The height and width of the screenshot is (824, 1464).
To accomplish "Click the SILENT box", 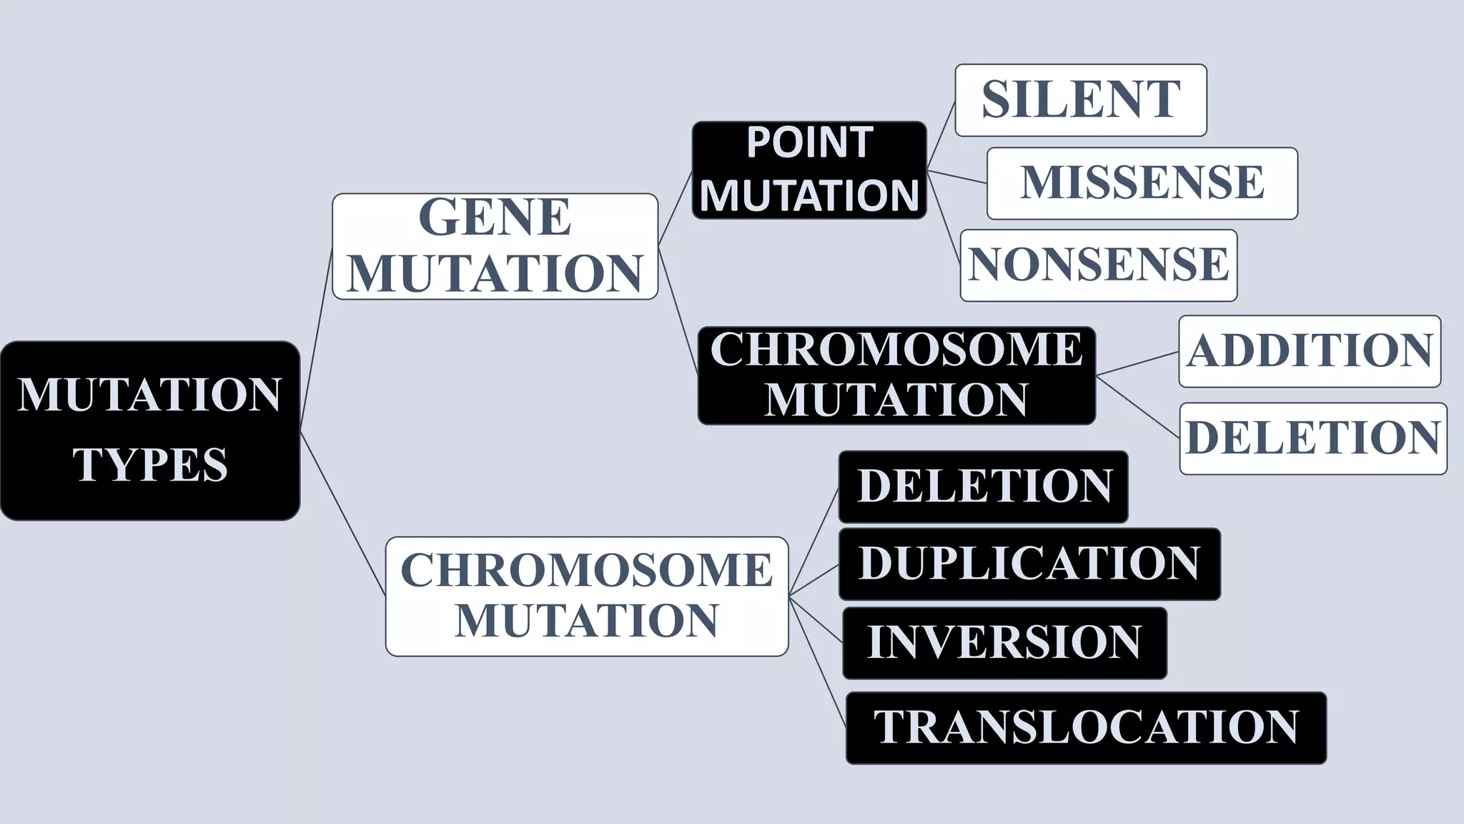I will click(x=1080, y=100).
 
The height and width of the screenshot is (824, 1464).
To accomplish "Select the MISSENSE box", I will click(x=1142, y=183).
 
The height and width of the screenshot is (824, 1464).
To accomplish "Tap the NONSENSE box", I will click(x=1098, y=265).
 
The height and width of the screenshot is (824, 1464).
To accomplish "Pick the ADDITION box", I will click(x=1309, y=351).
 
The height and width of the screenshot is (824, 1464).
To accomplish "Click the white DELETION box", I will click(x=1312, y=438).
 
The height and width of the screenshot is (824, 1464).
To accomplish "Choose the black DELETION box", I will click(x=983, y=486).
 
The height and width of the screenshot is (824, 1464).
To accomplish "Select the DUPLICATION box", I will click(x=1029, y=564).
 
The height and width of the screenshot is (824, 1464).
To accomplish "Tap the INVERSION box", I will click(x=1004, y=642).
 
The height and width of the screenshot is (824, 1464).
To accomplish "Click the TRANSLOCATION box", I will click(x=1085, y=727).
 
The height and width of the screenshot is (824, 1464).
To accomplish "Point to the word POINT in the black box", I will click(x=809, y=143).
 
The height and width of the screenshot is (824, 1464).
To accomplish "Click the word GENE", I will click(x=495, y=217).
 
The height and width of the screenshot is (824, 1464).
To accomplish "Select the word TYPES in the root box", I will click(x=150, y=465).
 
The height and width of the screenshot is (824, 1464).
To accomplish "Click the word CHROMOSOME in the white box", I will click(x=586, y=571).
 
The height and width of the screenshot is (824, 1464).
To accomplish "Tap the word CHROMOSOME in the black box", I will click(x=896, y=350).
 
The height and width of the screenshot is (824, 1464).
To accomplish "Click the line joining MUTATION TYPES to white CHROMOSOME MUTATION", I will click(x=342, y=513).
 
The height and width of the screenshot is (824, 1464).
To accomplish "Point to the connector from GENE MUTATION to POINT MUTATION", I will click(x=675, y=208).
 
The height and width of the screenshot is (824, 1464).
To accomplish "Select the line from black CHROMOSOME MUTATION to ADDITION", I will click(x=1137, y=363).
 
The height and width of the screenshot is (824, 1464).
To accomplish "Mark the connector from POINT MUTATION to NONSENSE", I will click(x=943, y=217).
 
